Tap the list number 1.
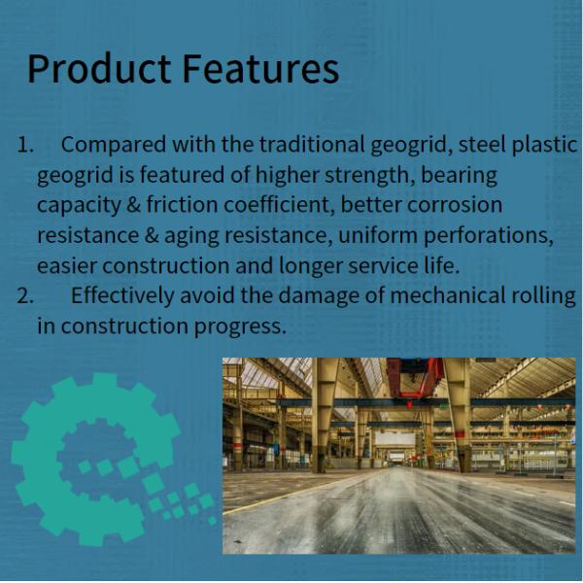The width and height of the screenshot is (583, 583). (x=25, y=146)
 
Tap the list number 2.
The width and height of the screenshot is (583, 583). (x=26, y=296)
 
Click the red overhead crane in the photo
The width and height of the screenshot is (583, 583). (x=415, y=377)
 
